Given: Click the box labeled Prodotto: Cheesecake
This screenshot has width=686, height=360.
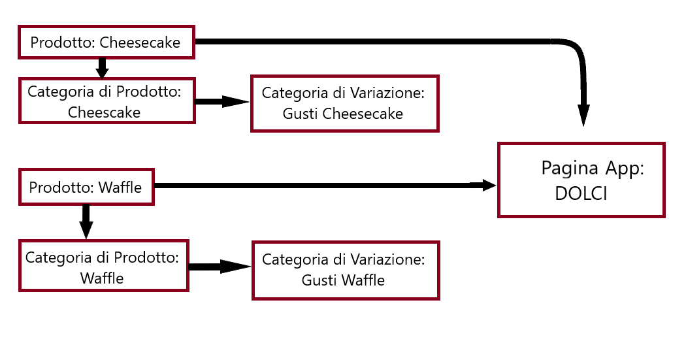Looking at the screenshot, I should tap(106, 42).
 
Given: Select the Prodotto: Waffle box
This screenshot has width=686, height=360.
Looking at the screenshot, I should tap(86, 187).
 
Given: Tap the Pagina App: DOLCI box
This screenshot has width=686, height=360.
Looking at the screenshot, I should tap(581, 180).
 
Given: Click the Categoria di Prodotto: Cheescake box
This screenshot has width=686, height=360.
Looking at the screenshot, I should tap(106, 101).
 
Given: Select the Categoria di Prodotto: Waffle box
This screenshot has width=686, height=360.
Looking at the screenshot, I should tap(103, 267).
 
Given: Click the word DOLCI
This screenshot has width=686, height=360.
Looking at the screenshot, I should tap(580, 194).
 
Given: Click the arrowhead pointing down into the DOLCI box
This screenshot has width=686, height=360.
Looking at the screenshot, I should tap(583, 115).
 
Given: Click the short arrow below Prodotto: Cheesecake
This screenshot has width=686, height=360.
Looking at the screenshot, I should tap(101, 67).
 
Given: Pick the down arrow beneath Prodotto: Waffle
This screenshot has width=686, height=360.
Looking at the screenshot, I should tap(86, 221).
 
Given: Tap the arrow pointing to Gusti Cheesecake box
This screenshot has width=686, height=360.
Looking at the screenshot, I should tap(223, 101).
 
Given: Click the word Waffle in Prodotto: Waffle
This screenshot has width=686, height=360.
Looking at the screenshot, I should tap(120, 188).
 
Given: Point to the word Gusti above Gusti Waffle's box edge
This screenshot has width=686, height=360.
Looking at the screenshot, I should tap(318, 280).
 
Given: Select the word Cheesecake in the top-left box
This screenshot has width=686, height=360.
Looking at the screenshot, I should tap(140, 43).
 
